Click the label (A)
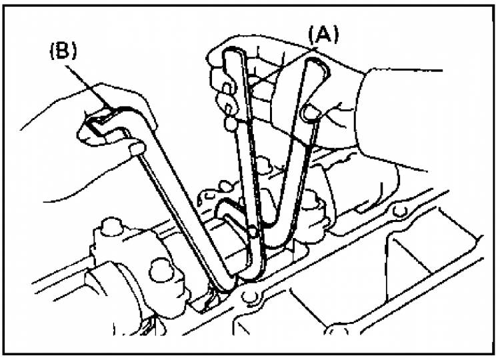coord(323,35)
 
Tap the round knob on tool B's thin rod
coord(137,147)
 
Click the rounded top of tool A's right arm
coord(317,64)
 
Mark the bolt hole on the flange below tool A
coord(249,297)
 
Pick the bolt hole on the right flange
coord(399,211)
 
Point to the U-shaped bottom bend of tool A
coord(274,244)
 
